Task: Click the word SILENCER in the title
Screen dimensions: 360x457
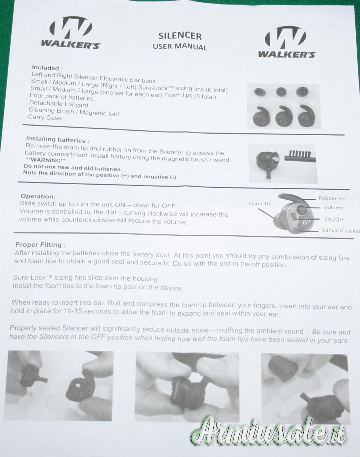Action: [180, 36]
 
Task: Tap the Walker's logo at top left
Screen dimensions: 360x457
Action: [71, 33]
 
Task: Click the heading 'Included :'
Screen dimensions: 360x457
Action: [47, 68]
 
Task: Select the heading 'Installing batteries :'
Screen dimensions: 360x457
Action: [58, 139]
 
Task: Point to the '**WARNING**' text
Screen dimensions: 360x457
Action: [45, 160]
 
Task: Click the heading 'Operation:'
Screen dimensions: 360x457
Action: [38, 197]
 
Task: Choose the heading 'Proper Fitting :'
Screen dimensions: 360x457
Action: [41, 244]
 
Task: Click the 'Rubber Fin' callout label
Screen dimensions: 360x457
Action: [332, 198]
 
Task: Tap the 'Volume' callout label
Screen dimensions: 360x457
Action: [333, 208]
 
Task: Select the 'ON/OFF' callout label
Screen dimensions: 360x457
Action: [334, 219]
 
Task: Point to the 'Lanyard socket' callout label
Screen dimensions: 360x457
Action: [341, 231]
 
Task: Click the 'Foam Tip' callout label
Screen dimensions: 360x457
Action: [260, 203]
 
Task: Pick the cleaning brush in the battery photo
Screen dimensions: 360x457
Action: [300, 157]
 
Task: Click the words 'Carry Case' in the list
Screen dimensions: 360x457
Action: [45, 117]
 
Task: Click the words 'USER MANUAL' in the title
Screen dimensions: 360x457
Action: [180, 46]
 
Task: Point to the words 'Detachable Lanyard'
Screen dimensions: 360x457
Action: [58, 104]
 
